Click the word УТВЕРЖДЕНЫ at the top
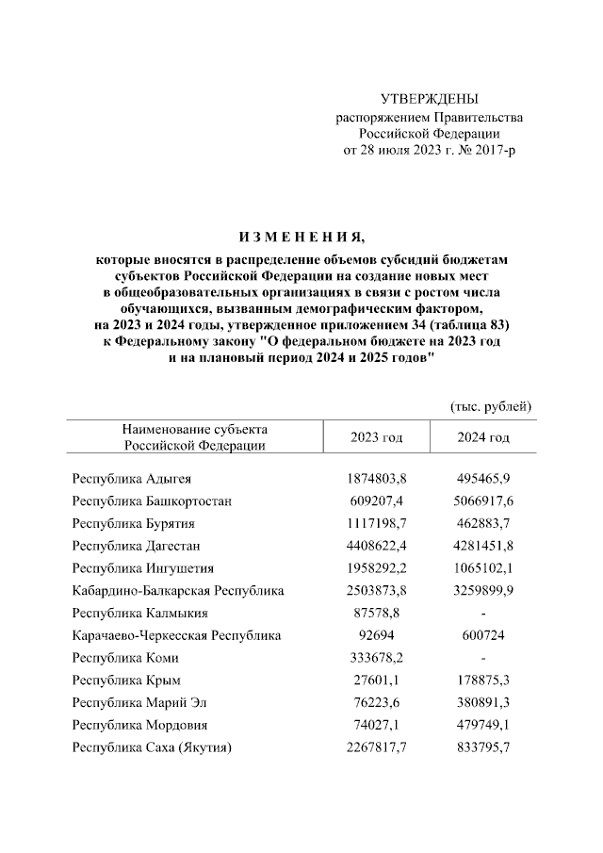429,99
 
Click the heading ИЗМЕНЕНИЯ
301,236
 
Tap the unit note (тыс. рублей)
492,406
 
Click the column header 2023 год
376,438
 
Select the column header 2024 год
483,438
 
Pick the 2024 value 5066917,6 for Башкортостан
483,500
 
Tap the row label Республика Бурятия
134,523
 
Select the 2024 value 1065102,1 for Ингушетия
483,568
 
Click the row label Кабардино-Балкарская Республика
178,591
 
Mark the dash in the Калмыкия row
483,614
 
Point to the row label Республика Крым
126,681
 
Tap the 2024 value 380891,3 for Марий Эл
483,703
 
